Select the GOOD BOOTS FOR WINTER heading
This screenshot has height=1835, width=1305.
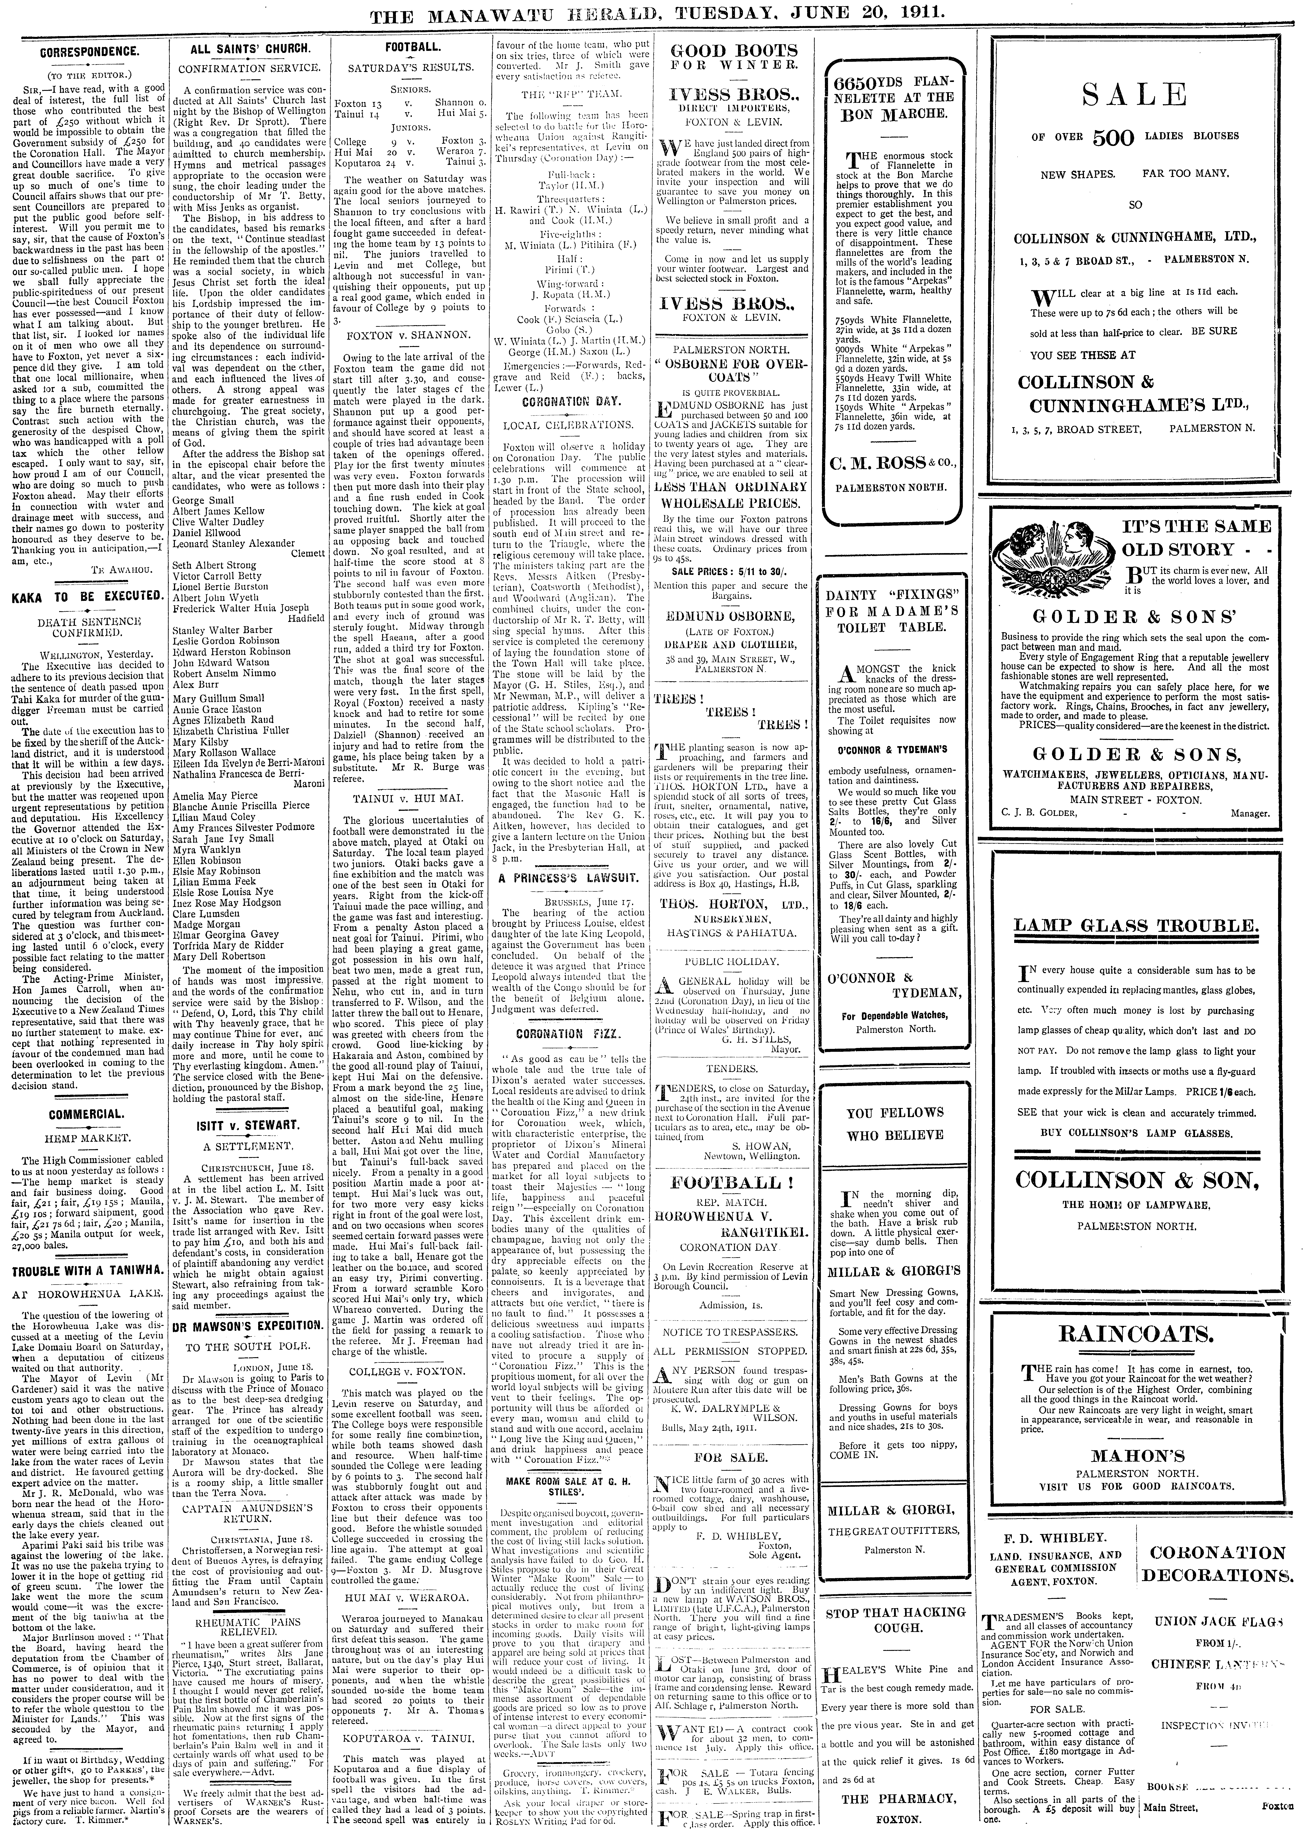[734, 57]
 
